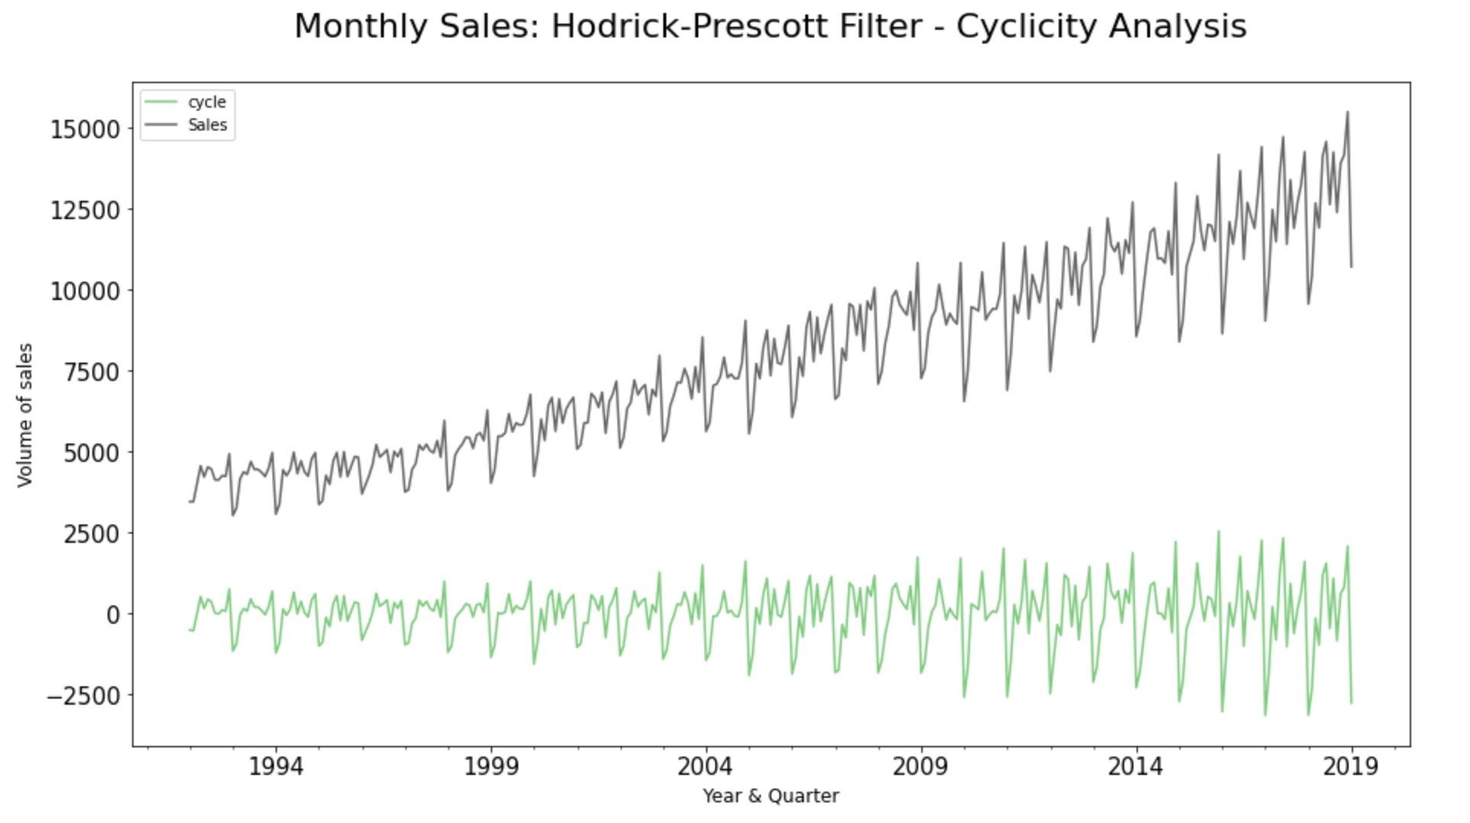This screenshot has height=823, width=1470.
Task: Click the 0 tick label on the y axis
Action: (114, 615)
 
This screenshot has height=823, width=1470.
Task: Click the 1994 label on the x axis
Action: (276, 766)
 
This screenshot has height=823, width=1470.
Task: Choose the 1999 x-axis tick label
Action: (491, 766)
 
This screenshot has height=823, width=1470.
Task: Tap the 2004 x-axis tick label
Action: (706, 766)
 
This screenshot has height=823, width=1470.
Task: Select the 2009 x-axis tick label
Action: (921, 766)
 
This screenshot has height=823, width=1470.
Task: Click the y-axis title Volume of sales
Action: (25, 415)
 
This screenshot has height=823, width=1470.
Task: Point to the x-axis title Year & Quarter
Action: (771, 796)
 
